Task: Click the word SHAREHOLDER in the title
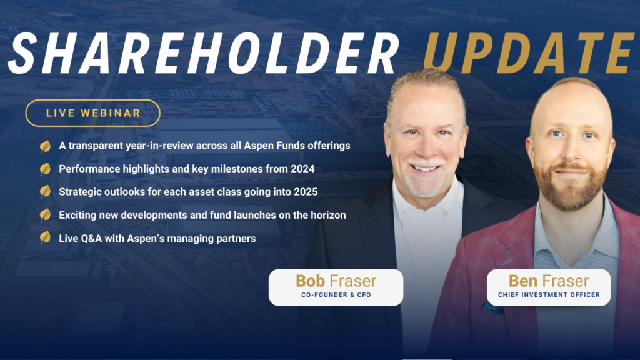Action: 203,54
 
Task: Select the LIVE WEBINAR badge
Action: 93,113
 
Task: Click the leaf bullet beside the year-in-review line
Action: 45,146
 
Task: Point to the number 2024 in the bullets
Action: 302,169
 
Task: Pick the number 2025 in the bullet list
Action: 305,192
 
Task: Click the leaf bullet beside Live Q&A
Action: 45,237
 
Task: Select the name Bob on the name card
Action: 310,281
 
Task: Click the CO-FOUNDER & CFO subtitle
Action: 336,295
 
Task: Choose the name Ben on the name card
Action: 523,281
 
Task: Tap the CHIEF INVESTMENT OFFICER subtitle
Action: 549,295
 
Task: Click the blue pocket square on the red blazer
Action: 492,307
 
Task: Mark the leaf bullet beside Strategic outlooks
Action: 45,191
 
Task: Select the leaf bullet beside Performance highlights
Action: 45,169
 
